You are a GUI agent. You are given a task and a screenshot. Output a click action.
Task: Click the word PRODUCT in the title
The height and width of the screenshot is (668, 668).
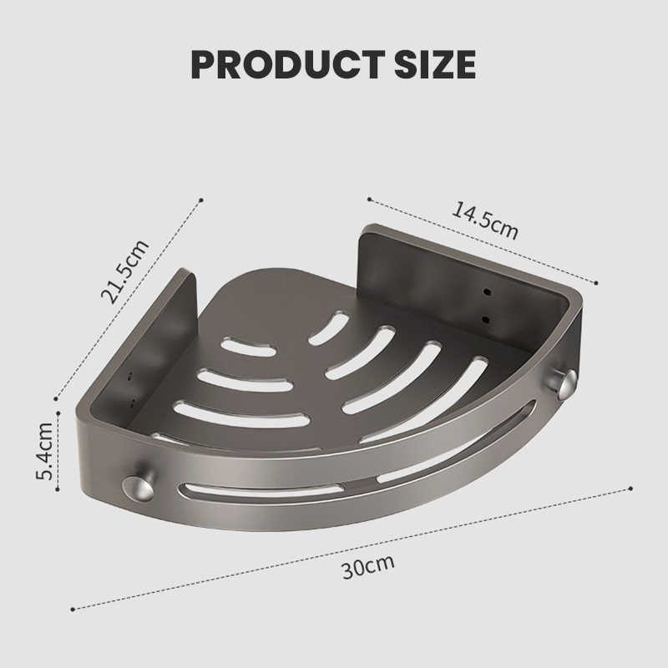[287, 64]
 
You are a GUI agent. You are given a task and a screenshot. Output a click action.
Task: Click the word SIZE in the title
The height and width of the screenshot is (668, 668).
[434, 64]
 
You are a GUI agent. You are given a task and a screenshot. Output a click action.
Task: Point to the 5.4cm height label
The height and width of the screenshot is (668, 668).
[44, 451]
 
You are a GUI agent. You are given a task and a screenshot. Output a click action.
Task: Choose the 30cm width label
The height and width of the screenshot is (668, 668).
[368, 566]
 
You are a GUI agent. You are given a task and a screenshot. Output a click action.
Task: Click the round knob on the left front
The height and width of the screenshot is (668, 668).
[139, 488]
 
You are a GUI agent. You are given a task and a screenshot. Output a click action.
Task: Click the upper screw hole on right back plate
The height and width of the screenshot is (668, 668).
[486, 292]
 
